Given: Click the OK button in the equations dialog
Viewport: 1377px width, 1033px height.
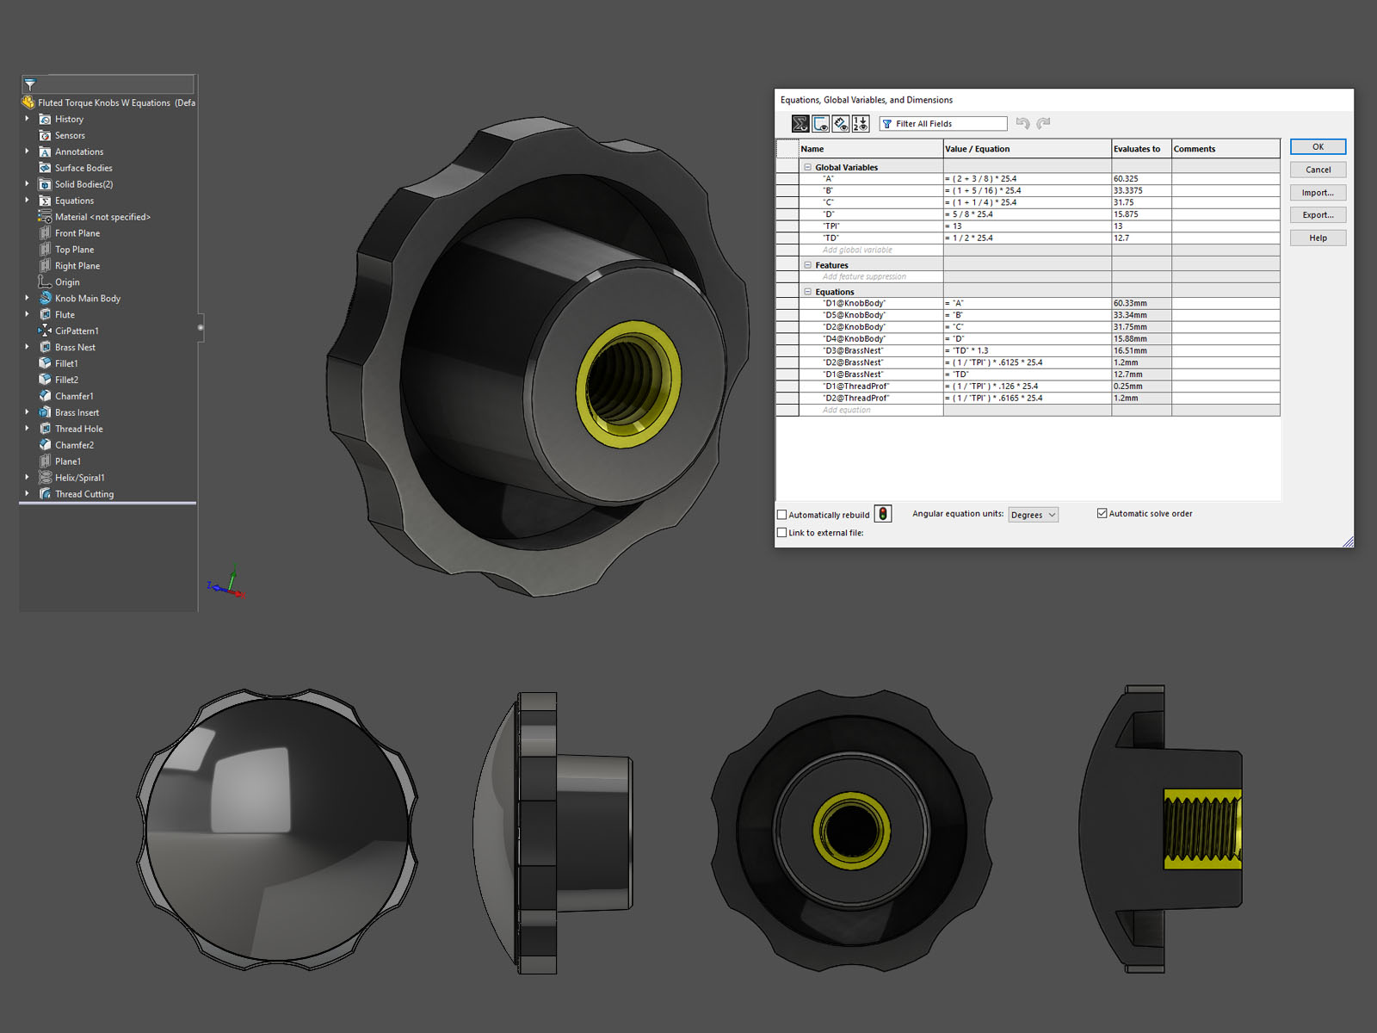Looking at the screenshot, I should click(x=1317, y=147).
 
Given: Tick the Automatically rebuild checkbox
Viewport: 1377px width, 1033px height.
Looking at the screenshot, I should click(x=782, y=515).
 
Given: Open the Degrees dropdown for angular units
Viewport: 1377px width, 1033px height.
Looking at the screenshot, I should click(x=1033, y=515).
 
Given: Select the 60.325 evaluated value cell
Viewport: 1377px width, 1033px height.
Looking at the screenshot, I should click(x=1139, y=179).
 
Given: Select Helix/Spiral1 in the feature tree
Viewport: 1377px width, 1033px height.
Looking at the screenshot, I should click(x=79, y=478).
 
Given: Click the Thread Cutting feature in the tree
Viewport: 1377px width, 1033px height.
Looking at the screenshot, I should click(x=83, y=494).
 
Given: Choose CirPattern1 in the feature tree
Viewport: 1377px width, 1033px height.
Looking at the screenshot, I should click(x=77, y=331).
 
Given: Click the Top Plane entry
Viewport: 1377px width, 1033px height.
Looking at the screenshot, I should click(x=74, y=250).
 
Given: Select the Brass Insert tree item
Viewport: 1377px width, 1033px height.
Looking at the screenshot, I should click(x=77, y=412).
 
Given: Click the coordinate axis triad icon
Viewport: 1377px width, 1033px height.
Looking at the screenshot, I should click(x=227, y=585).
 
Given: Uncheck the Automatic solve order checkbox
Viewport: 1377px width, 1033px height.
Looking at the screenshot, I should click(x=1102, y=513).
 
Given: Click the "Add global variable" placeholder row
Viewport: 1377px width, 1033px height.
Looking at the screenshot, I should click(x=857, y=250).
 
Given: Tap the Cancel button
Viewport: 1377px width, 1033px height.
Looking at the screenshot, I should click(x=1317, y=170).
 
